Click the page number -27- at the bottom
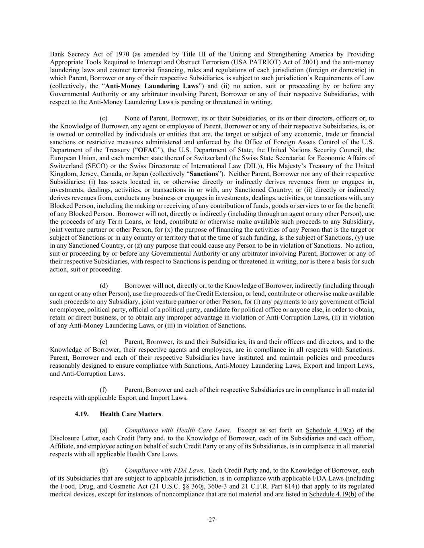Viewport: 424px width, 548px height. coord(212,520)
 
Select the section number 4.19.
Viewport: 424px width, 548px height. coord(81,414)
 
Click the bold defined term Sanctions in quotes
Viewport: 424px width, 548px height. coord(204,174)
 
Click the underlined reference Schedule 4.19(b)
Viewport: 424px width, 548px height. coord(333,494)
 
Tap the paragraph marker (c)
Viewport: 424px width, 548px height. coord(104,118)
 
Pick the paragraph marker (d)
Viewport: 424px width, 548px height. coord(104,285)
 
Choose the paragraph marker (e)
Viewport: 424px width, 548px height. coord(104,342)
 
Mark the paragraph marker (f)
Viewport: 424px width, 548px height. coord(103,389)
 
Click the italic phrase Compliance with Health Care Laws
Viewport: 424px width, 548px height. coord(177,430)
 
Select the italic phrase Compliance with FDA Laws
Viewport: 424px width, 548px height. coord(164,470)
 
